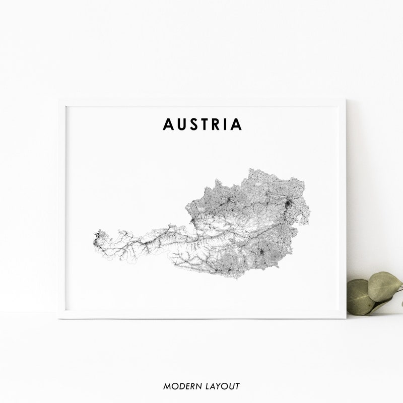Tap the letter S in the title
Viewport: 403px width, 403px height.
point(194,124)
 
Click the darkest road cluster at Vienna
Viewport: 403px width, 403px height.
point(288,205)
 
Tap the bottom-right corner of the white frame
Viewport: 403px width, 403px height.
point(346,318)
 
